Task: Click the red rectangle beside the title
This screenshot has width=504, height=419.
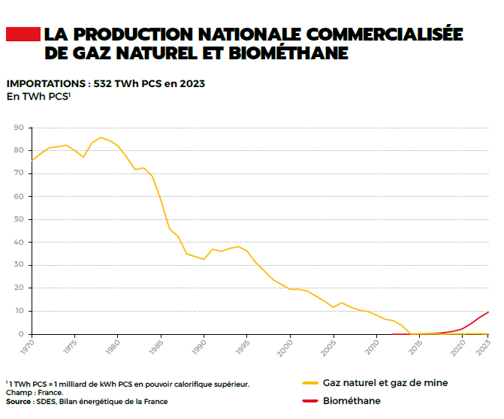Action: pyautogui.click(x=23, y=35)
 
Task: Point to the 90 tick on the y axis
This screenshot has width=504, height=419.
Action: pyautogui.click(x=19, y=128)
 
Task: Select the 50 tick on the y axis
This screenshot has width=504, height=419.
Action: pyautogui.click(x=19, y=219)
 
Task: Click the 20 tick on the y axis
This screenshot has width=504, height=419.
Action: pyautogui.click(x=19, y=288)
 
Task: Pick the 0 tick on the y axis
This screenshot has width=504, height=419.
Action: pyautogui.click(x=21, y=333)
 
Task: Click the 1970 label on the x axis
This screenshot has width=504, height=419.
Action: pyautogui.click(x=27, y=347)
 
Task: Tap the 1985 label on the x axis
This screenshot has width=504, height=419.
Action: pyautogui.click(x=156, y=347)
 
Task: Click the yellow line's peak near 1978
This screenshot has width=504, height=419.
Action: pyautogui.click(x=101, y=137)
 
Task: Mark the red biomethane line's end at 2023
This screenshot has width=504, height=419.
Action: pyautogui.click(x=489, y=312)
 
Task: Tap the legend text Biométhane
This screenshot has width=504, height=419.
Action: pyautogui.click(x=352, y=401)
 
